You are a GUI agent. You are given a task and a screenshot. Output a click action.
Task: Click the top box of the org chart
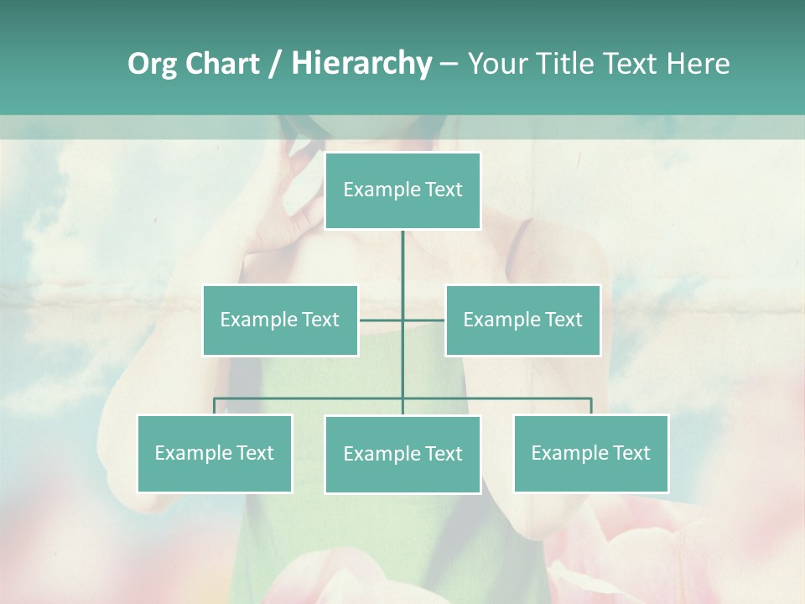tap(402, 190)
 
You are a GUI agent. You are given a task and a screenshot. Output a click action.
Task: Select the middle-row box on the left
tap(280, 320)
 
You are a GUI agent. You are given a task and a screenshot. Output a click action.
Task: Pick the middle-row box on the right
tap(523, 320)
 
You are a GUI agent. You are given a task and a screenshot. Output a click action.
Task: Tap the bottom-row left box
tap(215, 453)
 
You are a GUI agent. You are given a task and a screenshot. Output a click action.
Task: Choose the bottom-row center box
tap(402, 454)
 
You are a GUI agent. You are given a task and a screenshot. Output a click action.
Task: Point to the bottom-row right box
tap(591, 453)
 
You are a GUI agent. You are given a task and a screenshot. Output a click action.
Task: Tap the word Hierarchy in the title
tap(361, 64)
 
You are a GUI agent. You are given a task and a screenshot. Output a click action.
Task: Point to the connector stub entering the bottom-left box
tap(215, 407)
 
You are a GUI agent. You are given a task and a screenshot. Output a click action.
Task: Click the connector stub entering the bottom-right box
tap(591, 407)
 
